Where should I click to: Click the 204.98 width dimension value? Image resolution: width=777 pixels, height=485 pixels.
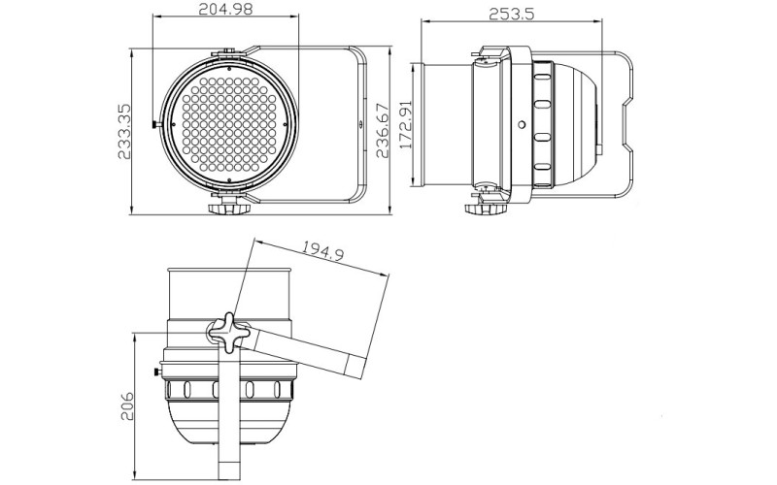tap(228, 11)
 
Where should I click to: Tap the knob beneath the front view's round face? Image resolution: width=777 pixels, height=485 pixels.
tap(228, 207)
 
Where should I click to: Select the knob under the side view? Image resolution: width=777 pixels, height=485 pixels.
tap(482, 207)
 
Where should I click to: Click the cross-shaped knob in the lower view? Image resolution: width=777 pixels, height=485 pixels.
tap(227, 333)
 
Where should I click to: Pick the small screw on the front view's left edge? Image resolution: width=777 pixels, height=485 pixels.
tap(157, 124)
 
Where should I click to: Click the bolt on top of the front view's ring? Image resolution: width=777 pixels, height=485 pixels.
tap(228, 54)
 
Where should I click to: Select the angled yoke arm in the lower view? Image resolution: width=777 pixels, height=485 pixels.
tap(311, 350)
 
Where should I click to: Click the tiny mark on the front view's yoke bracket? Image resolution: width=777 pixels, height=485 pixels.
tap(358, 126)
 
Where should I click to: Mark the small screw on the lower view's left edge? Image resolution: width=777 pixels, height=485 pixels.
tap(158, 371)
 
